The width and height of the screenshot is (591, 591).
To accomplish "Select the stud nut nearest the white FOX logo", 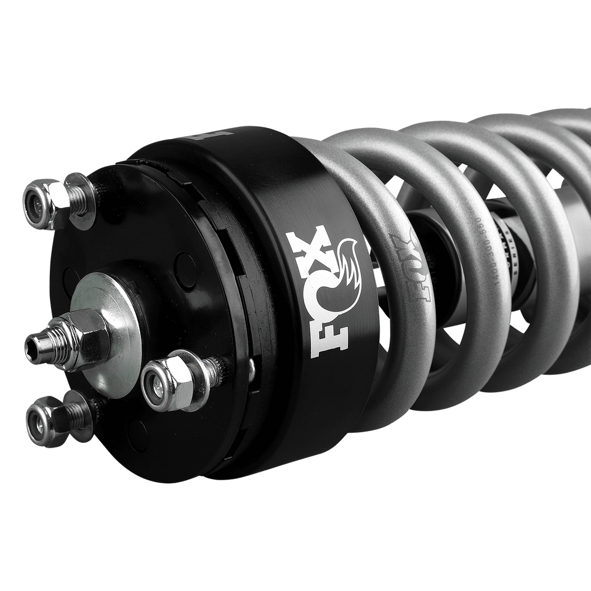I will point(161,382).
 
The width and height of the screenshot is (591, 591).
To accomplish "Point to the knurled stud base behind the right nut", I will point(212,369).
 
